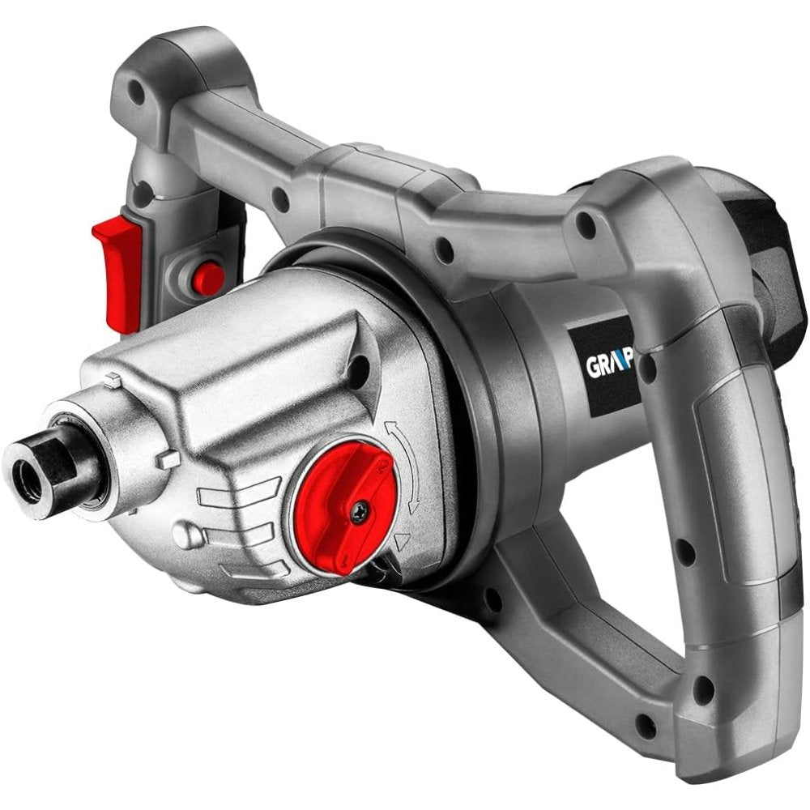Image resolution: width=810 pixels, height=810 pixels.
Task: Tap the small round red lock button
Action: [x=208, y=279]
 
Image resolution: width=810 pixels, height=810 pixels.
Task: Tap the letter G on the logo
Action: [x=593, y=366]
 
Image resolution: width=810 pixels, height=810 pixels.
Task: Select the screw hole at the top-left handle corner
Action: [x=139, y=93]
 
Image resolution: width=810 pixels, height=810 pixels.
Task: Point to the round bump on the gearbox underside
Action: [x=188, y=537]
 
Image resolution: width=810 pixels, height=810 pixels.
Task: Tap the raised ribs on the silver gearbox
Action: [x=243, y=518]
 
